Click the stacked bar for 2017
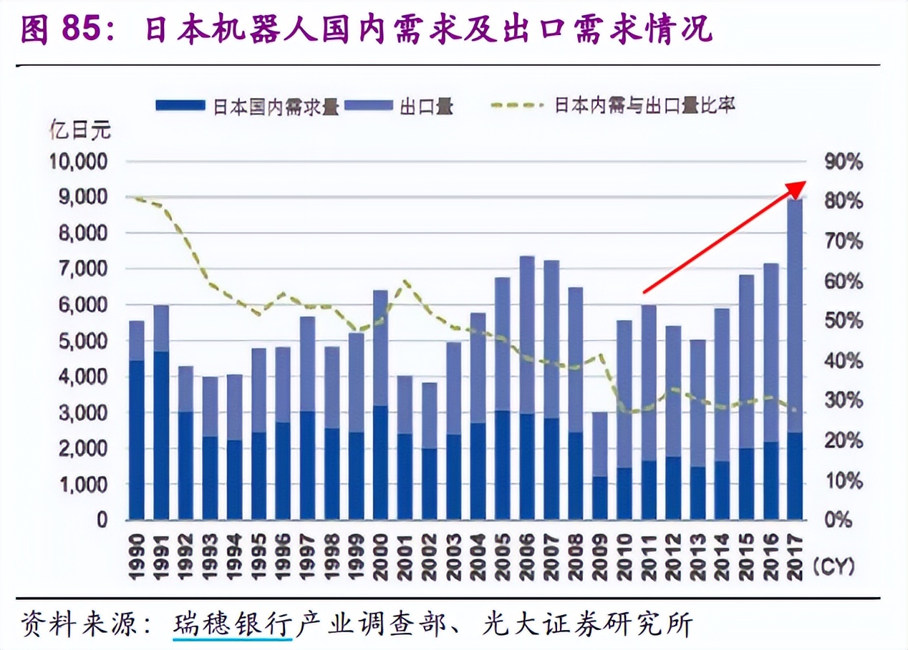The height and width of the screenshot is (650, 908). pyautogui.click(x=795, y=358)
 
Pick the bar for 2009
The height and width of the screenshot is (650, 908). pyautogui.click(x=600, y=465)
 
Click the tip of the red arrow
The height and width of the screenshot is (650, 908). pyautogui.click(x=803, y=183)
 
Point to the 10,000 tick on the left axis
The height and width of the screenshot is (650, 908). pyautogui.click(x=79, y=162)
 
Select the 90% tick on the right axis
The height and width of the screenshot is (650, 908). pyautogui.click(x=844, y=162)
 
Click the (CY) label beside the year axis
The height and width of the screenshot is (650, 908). pyautogui.click(x=834, y=567)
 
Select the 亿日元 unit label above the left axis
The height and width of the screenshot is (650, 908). pyautogui.click(x=80, y=130)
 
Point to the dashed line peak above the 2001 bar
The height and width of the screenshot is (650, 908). pyautogui.click(x=406, y=282)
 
